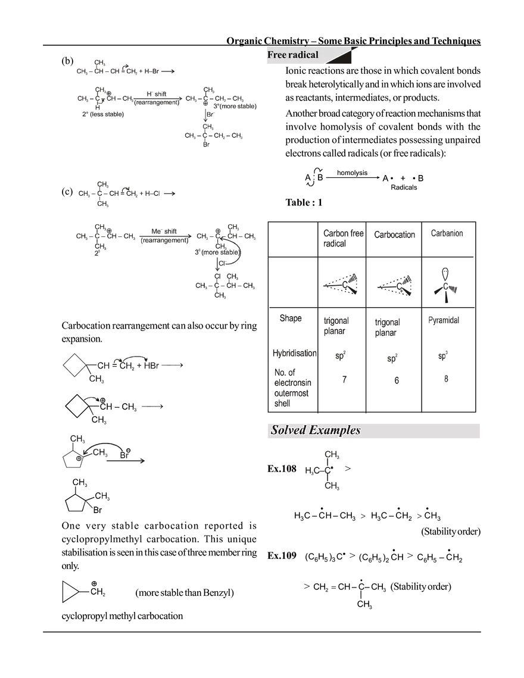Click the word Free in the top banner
coord(277,55)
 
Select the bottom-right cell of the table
coord(451,389)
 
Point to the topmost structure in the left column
coord(122,70)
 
